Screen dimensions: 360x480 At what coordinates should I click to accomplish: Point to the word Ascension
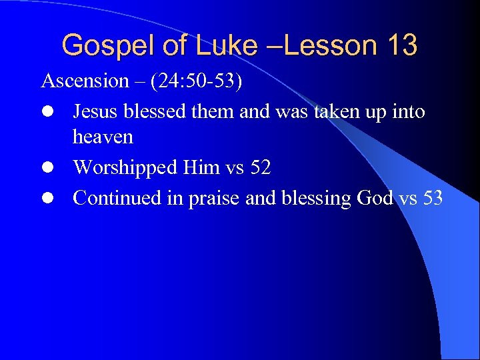pos(85,81)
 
